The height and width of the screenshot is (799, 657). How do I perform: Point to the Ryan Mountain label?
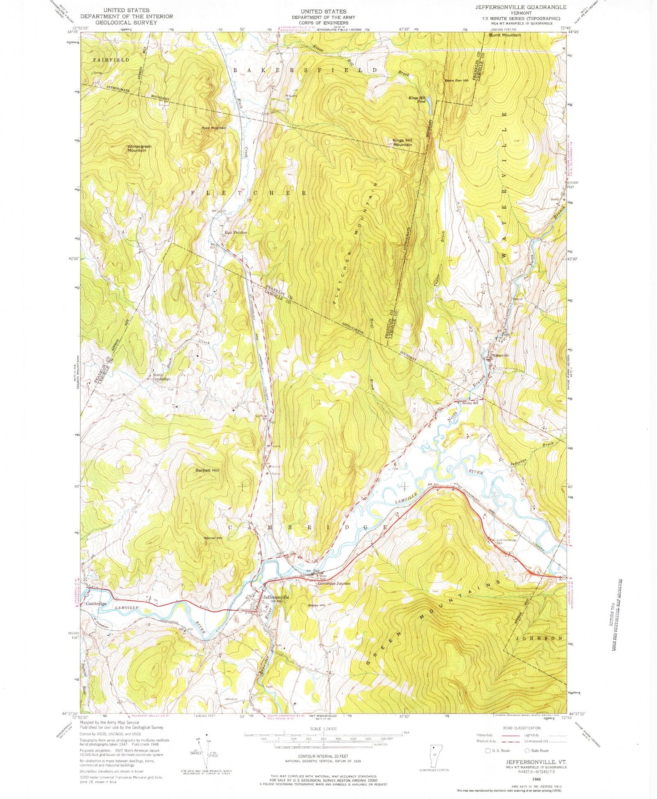click(x=214, y=128)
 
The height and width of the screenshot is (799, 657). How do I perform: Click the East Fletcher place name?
click(x=236, y=233)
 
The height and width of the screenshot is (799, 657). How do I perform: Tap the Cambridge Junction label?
click(x=334, y=583)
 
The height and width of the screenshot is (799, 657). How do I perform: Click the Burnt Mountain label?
click(x=505, y=35)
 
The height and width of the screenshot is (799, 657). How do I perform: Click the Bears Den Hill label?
click(x=456, y=81)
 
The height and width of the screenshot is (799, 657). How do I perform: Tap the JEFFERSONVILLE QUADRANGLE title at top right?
click(x=521, y=7)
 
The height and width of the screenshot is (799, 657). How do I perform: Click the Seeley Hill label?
click(x=316, y=605)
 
